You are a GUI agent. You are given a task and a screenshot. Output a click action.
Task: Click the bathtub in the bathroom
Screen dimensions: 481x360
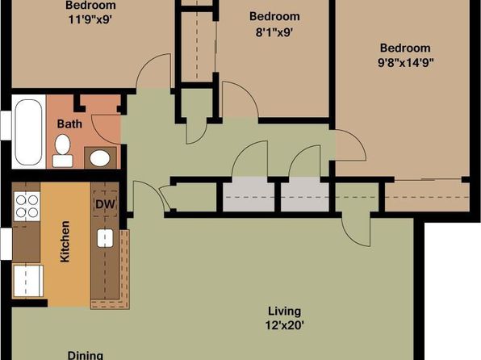(x=28, y=132)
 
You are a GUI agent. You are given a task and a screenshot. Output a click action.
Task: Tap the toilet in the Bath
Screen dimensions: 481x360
(x=63, y=151)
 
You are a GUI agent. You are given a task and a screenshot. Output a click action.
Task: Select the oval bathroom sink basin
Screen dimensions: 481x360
(x=100, y=158)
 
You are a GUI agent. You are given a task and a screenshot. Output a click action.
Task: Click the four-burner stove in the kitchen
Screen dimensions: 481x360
(x=27, y=207)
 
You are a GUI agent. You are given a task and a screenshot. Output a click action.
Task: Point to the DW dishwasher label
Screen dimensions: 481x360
(x=105, y=204)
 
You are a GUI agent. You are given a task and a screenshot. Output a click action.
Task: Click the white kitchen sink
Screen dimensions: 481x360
(x=105, y=238)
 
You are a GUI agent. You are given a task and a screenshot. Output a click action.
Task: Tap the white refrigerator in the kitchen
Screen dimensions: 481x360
(x=28, y=281)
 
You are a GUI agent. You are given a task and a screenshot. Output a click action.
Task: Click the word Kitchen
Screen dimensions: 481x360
(x=65, y=241)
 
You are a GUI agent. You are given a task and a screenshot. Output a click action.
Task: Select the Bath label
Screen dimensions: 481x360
(x=69, y=124)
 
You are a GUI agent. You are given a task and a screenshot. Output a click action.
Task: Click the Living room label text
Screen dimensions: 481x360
(x=284, y=312)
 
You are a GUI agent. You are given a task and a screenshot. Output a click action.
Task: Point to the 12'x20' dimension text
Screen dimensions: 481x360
(x=284, y=324)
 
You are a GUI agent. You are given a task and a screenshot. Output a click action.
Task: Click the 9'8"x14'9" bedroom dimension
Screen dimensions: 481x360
(x=405, y=63)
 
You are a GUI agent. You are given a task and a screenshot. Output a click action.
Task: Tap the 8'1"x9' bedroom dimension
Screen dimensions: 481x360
(x=274, y=32)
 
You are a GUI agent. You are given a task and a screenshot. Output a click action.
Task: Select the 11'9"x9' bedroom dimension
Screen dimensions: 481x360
(x=90, y=19)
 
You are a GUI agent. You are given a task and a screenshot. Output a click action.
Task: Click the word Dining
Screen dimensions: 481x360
(x=86, y=355)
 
